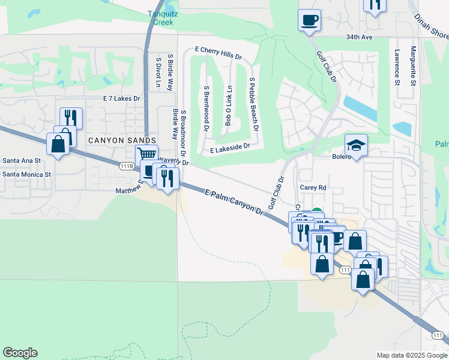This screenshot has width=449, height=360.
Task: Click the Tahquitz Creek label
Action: point(160,18)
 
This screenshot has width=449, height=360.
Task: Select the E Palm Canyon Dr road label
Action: point(234,202)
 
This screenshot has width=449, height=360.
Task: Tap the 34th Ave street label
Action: point(359,37)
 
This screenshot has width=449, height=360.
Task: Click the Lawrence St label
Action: point(397,67)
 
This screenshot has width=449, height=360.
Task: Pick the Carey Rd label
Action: point(313,188)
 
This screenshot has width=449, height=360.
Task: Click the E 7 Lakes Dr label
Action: point(121,98)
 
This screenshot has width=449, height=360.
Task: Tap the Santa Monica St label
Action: point(28,174)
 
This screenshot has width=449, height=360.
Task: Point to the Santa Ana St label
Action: point(22,161)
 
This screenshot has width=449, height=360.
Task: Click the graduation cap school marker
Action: point(355,145)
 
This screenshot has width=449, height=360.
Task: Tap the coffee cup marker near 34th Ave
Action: point(309,20)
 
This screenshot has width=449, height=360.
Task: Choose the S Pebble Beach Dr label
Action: point(253,104)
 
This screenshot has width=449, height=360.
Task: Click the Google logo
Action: point(20,353)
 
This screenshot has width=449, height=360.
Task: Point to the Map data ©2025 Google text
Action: point(411,355)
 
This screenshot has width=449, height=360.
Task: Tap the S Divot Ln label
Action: point(158,73)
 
